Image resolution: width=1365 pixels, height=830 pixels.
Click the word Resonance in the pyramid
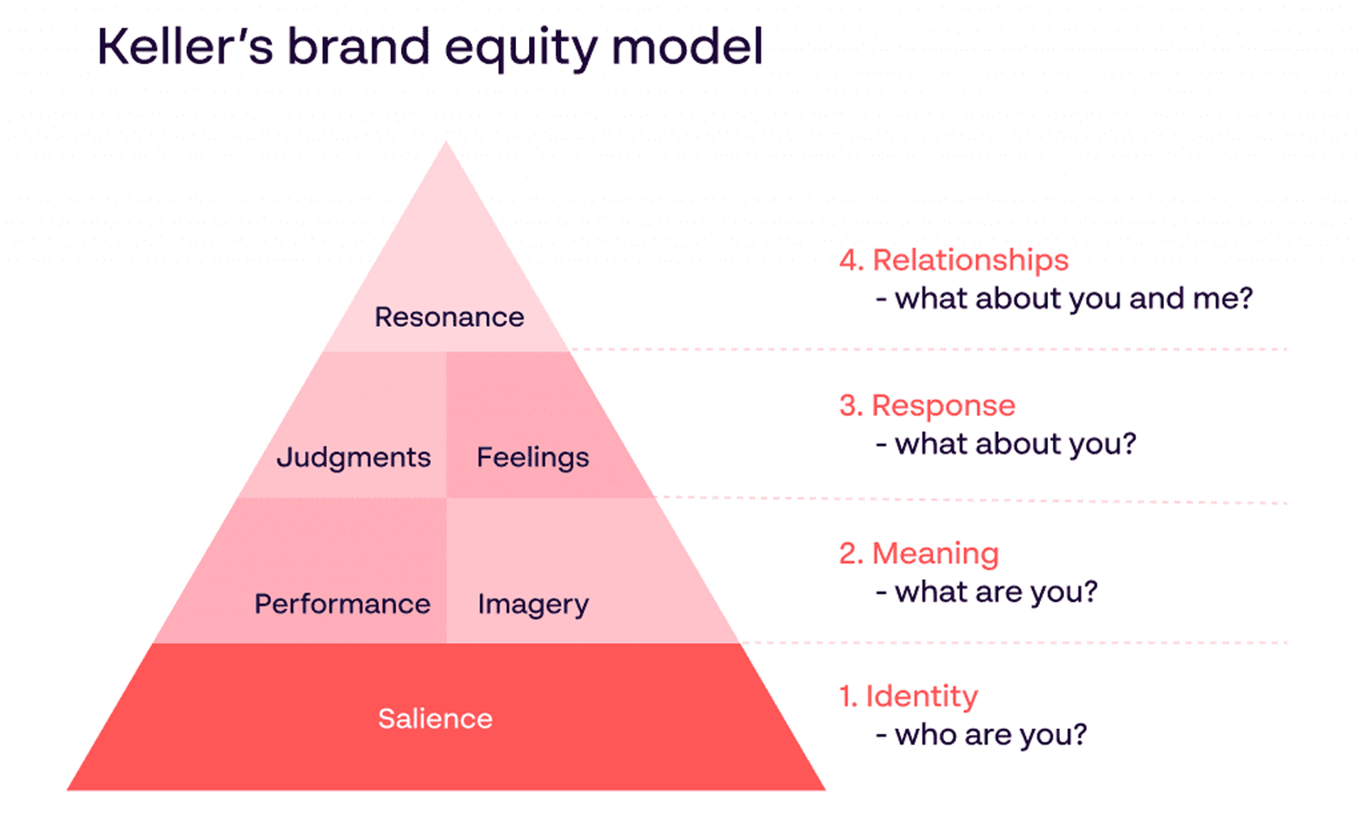point(449,317)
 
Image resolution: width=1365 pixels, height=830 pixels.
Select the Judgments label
point(353,457)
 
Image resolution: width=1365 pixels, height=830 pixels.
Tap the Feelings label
point(532,457)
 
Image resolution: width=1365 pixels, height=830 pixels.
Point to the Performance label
point(342,604)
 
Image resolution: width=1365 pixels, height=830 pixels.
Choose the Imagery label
point(532,604)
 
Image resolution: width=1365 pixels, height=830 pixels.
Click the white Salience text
point(435,718)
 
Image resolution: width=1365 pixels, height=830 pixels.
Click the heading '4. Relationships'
point(953,260)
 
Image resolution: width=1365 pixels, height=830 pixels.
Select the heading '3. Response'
point(927,406)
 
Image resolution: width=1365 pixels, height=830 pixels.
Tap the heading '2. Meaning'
point(919,554)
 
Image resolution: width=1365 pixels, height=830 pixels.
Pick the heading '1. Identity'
point(909,696)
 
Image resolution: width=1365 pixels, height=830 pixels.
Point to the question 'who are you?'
point(990,735)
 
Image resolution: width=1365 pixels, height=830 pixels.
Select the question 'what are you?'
point(996,592)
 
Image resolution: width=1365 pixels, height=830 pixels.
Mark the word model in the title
point(687,47)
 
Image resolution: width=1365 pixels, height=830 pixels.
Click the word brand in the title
point(358,47)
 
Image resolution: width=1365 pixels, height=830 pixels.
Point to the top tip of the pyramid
point(446,144)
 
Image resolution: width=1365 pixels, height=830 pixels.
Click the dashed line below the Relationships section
point(924,349)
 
